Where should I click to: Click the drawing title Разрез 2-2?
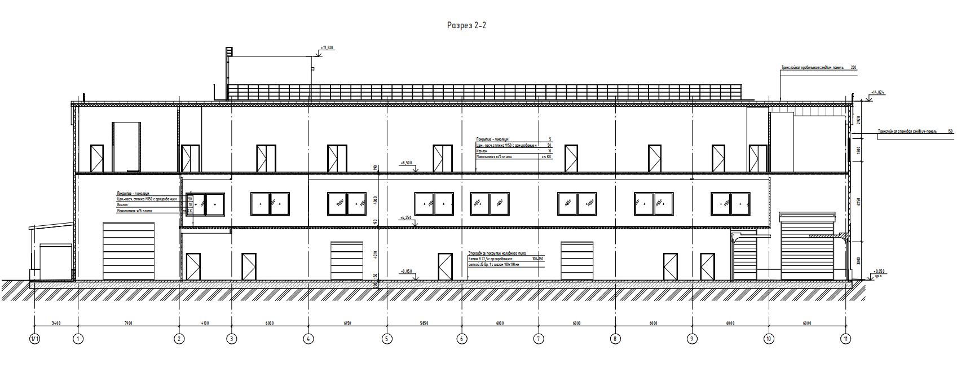click(x=466, y=25)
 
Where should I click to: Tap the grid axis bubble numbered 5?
click(x=387, y=339)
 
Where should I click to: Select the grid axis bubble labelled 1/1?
click(x=35, y=339)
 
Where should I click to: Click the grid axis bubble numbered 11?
click(x=845, y=339)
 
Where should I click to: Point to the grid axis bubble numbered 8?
click(x=615, y=339)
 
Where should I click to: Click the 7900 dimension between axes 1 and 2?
click(x=128, y=323)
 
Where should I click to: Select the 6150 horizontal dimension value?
click(x=347, y=323)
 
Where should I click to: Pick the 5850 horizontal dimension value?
click(x=424, y=323)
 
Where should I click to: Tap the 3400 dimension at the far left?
click(x=56, y=323)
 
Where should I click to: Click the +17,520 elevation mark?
click(x=327, y=48)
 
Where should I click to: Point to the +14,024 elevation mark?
click(x=878, y=92)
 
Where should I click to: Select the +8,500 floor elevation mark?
click(x=406, y=163)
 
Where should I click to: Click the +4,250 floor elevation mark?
click(x=406, y=217)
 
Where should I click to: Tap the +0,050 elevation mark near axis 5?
click(x=406, y=271)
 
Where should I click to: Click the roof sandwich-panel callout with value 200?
click(x=818, y=67)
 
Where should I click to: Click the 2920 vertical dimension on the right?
click(x=858, y=120)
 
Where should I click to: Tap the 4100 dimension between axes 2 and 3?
click(x=205, y=323)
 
